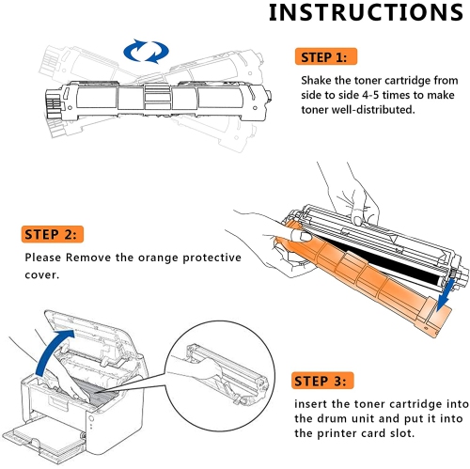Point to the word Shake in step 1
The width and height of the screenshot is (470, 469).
(318, 81)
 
